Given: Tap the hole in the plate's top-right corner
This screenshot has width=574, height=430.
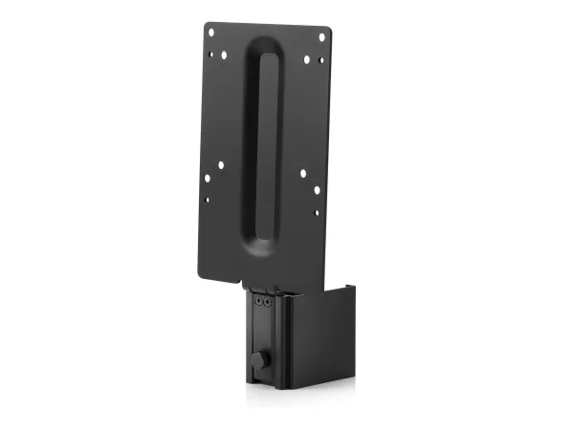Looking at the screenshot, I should [x=321, y=37].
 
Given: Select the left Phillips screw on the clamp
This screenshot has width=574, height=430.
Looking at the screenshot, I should [x=258, y=302].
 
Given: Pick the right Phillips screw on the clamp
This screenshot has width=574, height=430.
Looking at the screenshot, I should [x=267, y=302].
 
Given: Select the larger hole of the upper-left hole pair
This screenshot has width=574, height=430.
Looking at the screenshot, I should [x=225, y=54].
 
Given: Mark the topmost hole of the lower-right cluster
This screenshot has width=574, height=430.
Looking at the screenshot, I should [x=303, y=173].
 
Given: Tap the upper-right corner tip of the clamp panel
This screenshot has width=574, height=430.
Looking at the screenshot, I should [x=353, y=283].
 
